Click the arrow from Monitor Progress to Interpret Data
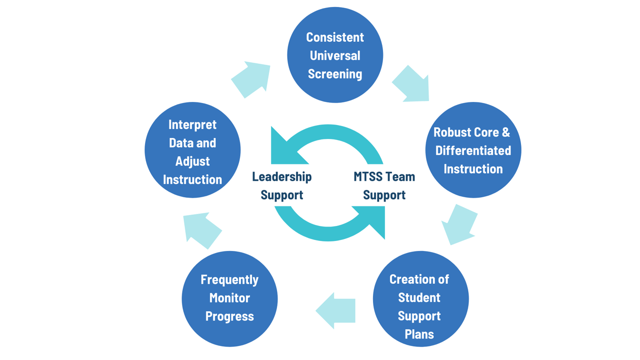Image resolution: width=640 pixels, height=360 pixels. point(201,230)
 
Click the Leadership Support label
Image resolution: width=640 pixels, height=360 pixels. point(282,186)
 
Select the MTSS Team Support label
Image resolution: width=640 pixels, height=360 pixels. point(384,186)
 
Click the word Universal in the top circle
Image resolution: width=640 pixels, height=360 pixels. point(335,55)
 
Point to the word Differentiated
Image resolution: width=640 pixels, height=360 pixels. point(473,150)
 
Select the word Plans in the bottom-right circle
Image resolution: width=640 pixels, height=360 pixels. point(419,334)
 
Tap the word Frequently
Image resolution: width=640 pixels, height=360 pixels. point(229,280)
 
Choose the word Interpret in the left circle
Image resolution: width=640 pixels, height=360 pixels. point(192,125)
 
